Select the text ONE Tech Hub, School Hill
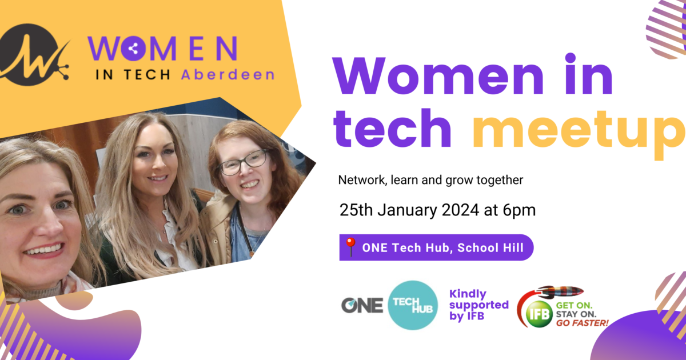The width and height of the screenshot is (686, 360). coord(442,247)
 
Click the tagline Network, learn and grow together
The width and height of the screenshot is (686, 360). coord(430,180)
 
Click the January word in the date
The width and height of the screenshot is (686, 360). coord(406,210)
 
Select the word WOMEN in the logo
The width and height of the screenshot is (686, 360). coord(163,49)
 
